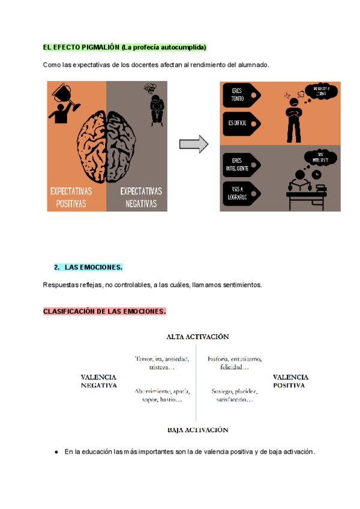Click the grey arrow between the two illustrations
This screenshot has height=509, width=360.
(x=193, y=144)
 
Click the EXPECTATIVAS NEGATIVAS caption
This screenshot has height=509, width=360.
(x=141, y=197)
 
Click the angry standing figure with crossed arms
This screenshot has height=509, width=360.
(x=294, y=118)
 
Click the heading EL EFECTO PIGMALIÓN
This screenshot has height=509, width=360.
(x=81, y=47)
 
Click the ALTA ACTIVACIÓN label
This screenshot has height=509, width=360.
(x=197, y=337)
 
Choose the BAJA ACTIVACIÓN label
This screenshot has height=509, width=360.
(x=197, y=430)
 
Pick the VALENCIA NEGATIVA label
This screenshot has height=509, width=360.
(x=98, y=381)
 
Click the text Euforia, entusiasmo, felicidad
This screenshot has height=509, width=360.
(x=234, y=363)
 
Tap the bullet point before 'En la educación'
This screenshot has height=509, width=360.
(x=56, y=452)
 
